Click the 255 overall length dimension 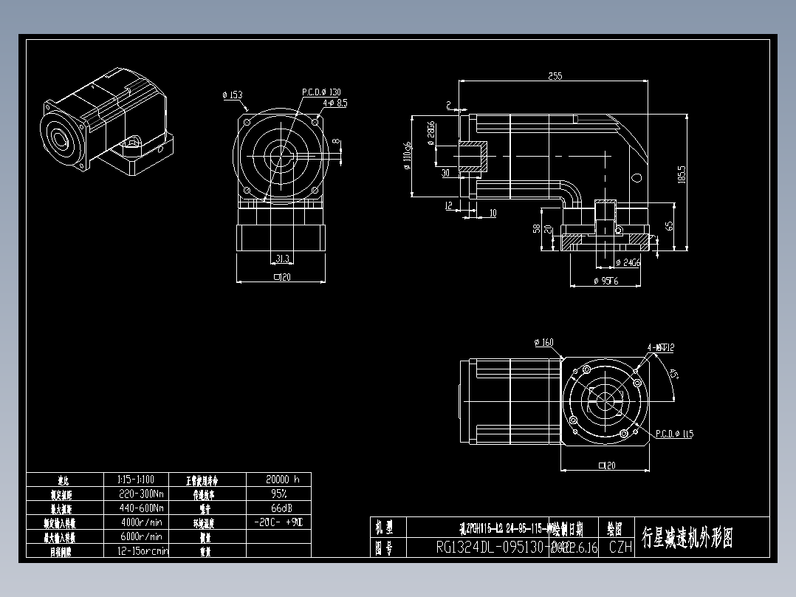pyautogui.click(x=555, y=75)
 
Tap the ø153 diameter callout pyautogui.click(x=232, y=95)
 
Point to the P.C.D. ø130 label pyautogui.click(x=321, y=92)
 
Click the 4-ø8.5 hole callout pyautogui.click(x=334, y=103)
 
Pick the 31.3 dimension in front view pyautogui.click(x=281, y=259)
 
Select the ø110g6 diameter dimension pyautogui.click(x=407, y=156)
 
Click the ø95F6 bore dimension pyautogui.click(x=606, y=281)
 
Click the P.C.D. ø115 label pyautogui.click(x=674, y=434)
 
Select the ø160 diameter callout pyautogui.click(x=543, y=343)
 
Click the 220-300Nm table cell pyautogui.click(x=140, y=494)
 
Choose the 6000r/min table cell pyautogui.click(x=140, y=536)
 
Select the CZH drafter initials pyautogui.click(x=620, y=547)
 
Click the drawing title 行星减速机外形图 pyautogui.click(x=687, y=537)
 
